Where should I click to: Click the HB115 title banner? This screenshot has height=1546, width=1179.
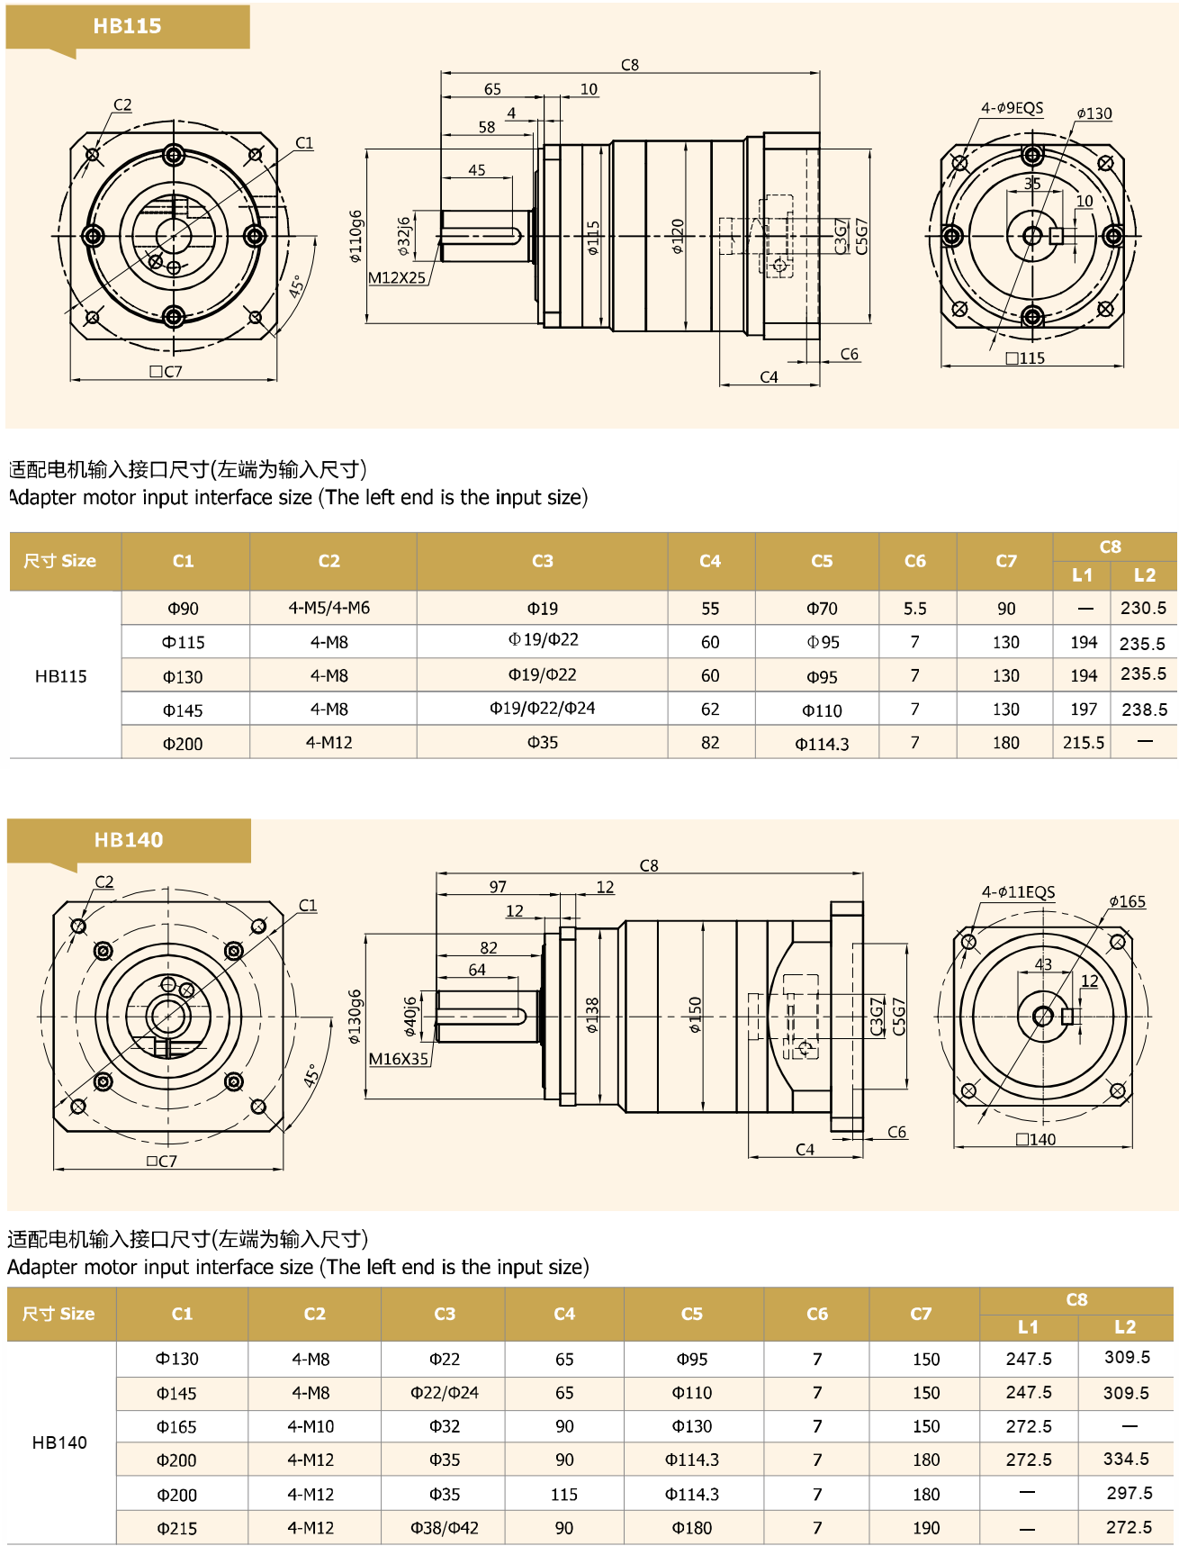tap(127, 26)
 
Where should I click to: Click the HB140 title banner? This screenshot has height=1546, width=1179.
tap(129, 840)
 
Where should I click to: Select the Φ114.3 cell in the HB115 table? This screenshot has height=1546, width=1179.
tap(822, 744)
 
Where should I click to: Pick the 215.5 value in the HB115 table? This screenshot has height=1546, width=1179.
tap(1084, 743)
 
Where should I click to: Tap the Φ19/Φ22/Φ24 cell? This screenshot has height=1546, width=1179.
tap(542, 709)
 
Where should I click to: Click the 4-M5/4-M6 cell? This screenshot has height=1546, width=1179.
tap(328, 608)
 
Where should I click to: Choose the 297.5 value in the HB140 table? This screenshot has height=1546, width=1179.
tap(1129, 1493)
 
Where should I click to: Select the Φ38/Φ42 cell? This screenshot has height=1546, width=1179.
tap(445, 1528)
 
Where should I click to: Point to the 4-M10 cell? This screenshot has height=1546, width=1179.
tap(310, 1426)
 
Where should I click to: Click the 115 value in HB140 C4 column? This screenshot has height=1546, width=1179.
tap(564, 1495)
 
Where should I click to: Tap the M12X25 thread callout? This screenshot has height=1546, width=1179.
tap(397, 277)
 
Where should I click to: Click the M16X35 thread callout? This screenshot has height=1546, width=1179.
tap(399, 1059)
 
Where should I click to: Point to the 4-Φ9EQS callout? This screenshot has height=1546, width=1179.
tap(1012, 108)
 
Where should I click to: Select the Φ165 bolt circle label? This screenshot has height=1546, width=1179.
tap(1127, 901)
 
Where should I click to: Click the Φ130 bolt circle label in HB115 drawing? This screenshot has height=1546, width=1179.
tap(1093, 113)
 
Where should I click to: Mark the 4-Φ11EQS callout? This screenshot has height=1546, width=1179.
tap(1018, 892)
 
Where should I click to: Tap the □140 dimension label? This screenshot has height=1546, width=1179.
tap(1036, 1139)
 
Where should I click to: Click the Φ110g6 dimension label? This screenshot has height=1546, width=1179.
tap(355, 236)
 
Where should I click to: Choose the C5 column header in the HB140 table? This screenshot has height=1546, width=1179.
tap(691, 1314)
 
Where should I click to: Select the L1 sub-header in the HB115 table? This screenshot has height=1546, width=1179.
tap(1082, 575)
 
